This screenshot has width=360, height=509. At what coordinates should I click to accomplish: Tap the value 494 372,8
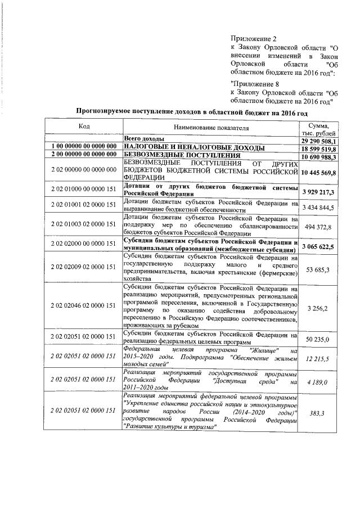click(320, 226)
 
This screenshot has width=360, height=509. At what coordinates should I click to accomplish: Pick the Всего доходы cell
click(144, 138)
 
